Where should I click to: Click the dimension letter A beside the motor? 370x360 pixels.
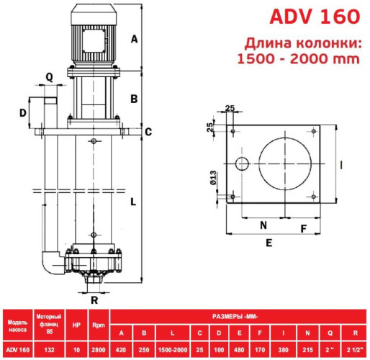click(134, 40)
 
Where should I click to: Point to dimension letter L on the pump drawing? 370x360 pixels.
click(133, 202)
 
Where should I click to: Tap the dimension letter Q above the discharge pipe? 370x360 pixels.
click(49, 76)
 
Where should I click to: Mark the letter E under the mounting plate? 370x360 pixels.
click(269, 243)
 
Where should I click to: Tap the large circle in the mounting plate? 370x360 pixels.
click(285, 163)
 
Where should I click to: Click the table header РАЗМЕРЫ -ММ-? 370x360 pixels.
click(236, 315)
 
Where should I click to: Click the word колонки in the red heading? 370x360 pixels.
click(307, 42)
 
